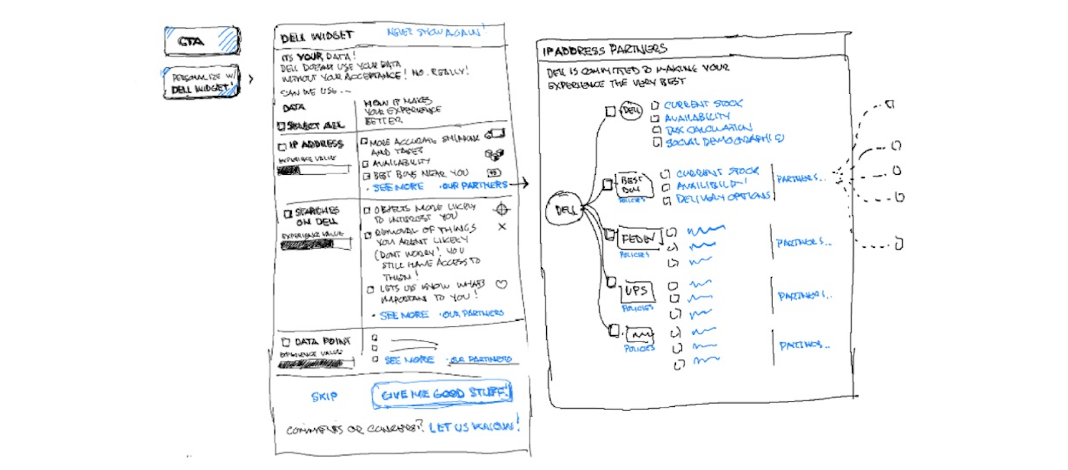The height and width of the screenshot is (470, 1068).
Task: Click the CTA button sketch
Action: (201, 41)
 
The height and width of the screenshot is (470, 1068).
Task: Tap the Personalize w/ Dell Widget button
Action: (201, 82)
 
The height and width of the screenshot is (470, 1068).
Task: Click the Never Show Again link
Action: (435, 31)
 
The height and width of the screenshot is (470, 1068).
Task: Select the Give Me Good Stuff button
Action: (442, 394)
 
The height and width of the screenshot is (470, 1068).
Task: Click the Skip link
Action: (324, 396)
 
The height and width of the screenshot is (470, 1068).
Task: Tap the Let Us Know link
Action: (472, 427)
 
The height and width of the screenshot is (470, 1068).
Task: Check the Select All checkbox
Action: (281, 126)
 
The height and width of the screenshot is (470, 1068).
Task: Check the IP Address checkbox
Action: (282, 147)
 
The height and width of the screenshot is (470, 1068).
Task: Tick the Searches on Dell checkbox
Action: (287, 214)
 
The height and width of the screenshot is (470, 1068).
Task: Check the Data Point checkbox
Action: (286, 342)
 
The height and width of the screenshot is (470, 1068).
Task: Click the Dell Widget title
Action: (317, 37)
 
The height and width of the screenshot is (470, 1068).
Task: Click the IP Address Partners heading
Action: (604, 50)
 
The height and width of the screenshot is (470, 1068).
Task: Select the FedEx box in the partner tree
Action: (638, 238)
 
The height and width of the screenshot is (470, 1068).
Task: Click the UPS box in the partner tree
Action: (636, 291)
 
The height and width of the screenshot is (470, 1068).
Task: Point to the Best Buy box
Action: (632, 184)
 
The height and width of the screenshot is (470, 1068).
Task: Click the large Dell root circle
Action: (565, 210)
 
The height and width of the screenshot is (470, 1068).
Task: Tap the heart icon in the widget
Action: (501, 285)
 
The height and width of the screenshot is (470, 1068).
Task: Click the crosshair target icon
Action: (502, 209)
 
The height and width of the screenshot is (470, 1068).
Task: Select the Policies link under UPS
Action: (637, 308)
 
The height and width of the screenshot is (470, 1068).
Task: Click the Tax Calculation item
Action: (709, 129)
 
